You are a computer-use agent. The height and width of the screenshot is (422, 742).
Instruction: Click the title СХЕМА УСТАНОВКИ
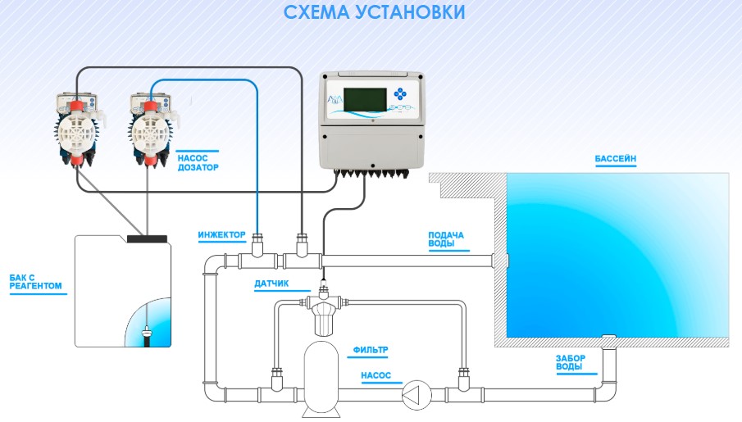(x=373, y=12)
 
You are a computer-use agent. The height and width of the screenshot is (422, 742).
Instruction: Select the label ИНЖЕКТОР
(x=221, y=235)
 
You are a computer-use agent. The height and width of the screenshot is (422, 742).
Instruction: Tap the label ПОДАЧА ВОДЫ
(x=445, y=239)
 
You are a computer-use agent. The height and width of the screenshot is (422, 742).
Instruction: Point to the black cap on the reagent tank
(x=148, y=238)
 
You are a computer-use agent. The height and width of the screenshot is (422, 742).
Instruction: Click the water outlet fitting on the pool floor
(x=608, y=337)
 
